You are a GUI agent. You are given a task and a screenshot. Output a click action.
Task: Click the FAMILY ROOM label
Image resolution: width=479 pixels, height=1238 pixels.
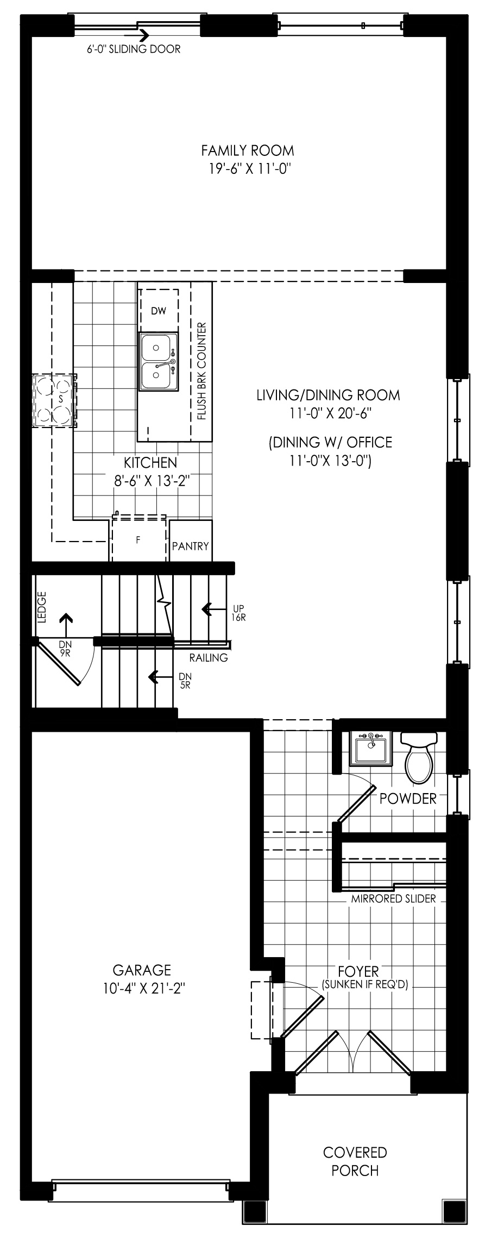point(248,149)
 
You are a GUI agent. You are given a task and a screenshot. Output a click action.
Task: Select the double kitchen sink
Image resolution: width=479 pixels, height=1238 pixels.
point(159,362)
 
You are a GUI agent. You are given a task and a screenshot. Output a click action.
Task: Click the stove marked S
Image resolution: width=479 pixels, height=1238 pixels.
point(54,400)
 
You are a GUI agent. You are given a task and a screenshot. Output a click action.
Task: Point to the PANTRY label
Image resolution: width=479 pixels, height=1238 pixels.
point(190,546)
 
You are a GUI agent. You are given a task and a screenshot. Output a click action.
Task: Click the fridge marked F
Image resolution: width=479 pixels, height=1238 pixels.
point(138,540)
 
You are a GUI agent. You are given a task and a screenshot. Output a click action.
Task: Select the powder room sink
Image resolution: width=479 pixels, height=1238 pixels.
point(371,749)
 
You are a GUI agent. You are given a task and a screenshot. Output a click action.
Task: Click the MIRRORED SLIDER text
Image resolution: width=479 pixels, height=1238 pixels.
point(393,899)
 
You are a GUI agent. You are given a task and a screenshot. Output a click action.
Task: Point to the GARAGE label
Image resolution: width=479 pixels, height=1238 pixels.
point(142,970)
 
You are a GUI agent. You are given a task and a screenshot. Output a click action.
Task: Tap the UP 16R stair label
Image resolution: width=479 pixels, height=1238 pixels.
point(239,613)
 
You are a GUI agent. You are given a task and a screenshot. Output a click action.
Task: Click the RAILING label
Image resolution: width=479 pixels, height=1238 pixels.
point(209,658)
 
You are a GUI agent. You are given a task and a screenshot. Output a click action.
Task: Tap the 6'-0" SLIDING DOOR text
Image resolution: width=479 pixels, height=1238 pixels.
point(134,49)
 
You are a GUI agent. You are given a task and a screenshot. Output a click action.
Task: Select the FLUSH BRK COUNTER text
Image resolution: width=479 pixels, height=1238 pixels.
point(202,372)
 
